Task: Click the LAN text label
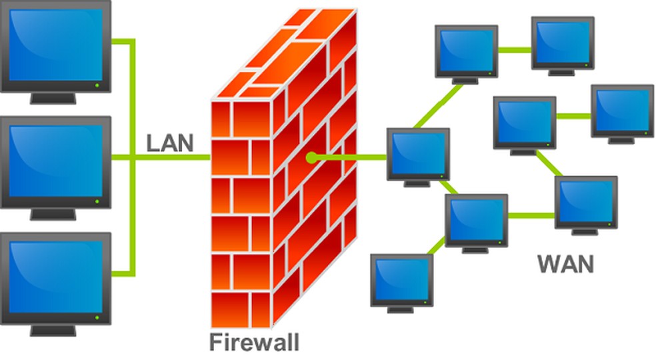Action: tap(169, 142)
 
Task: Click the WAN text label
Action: tap(565, 264)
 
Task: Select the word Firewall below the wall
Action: tap(254, 342)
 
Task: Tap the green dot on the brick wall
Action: tap(311, 158)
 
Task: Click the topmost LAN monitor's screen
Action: tap(56, 44)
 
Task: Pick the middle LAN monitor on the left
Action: tap(56, 163)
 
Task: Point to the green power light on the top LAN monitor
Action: tap(97, 86)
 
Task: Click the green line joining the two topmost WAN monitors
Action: tap(514, 49)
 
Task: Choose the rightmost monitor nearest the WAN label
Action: tap(585, 201)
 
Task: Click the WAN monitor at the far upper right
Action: tap(622, 110)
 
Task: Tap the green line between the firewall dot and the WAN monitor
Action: tap(350, 158)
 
